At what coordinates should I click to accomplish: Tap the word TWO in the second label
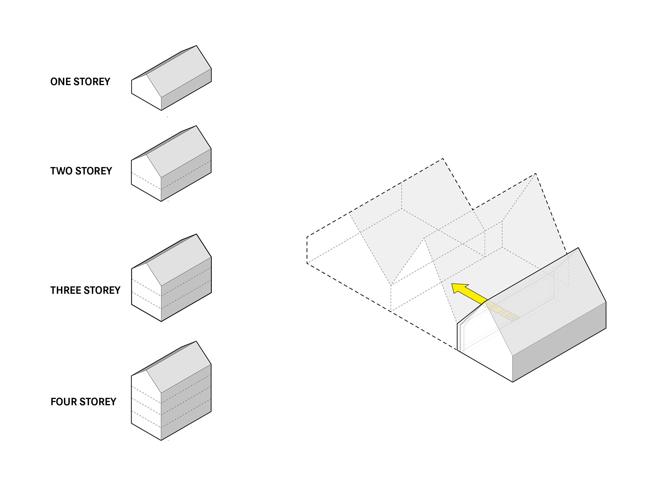(x=61, y=171)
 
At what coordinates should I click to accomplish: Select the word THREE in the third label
(x=65, y=290)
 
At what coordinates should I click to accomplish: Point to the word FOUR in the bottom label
(x=63, y=402)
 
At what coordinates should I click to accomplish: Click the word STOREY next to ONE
(x=92, y=82)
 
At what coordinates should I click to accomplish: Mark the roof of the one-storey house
(x=179, y=71)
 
